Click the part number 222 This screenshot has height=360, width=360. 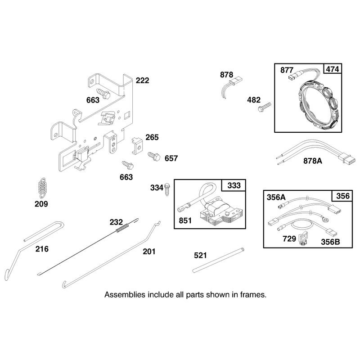click(142, 81)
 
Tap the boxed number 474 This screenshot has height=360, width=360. click(333, 69)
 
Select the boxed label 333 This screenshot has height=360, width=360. click(234, 185)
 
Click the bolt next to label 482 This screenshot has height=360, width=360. click(265, 107)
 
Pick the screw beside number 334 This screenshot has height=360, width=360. click(167, 189)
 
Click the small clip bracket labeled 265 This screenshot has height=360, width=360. click(137, 145)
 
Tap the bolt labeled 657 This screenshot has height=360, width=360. click(154, 156)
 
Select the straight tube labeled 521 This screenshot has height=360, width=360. click(218, 260)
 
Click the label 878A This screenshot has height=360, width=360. click(312, 161)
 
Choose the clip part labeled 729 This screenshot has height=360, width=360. click(303, 240)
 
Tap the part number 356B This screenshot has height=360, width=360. click(330, 242)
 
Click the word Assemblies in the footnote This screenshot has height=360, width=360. click(125, 295)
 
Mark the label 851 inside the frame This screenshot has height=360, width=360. click(185, 220)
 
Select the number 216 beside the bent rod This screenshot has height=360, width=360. click(42, 249)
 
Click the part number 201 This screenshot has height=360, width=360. click(149, 252)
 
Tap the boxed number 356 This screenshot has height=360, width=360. click(343, 196)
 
